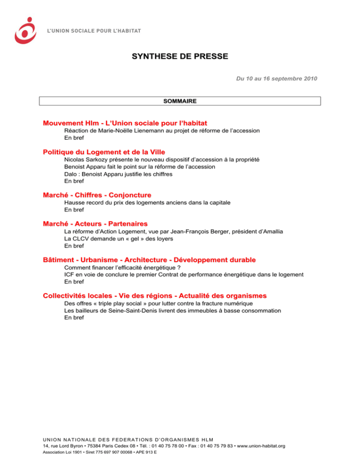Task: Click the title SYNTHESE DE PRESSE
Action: (x=180, y=57)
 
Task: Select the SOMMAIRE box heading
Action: (x=180, y=101)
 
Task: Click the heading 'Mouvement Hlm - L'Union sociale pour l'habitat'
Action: (x=125, y=123)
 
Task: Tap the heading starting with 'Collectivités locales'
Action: (x=155, y=296)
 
